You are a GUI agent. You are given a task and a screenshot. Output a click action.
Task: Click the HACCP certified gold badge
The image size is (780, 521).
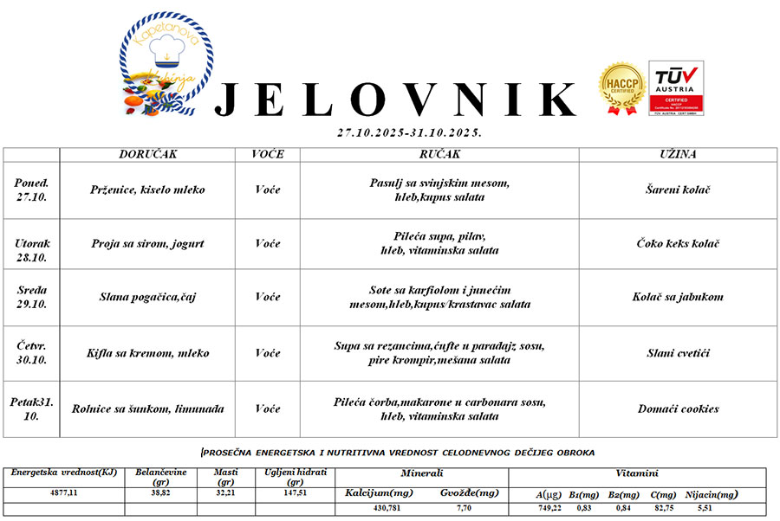[621, 88]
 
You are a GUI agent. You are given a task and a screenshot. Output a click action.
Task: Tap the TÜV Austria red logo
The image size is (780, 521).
[676, 87]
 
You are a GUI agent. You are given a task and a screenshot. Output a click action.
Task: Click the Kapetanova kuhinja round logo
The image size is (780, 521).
[166, 65]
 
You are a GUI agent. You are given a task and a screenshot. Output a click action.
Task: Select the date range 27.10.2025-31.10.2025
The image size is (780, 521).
[409, 133]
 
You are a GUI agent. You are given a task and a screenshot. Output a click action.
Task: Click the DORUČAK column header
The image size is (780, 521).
[148, 154]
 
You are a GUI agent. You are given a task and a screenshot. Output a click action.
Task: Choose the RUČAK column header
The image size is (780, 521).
[439, 154]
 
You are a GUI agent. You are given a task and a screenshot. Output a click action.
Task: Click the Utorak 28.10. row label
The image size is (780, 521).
[32, 243]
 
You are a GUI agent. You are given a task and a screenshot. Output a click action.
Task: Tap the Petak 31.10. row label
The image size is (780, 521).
[32, 408]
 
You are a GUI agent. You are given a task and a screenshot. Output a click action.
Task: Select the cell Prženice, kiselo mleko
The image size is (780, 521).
[148, 190]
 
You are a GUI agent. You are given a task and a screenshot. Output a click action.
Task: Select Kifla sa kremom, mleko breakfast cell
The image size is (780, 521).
[148, 353]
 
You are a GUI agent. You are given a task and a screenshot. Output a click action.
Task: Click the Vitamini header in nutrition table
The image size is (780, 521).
[637, 473]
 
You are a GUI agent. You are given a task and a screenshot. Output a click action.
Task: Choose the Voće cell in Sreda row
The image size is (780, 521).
[268, 297]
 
